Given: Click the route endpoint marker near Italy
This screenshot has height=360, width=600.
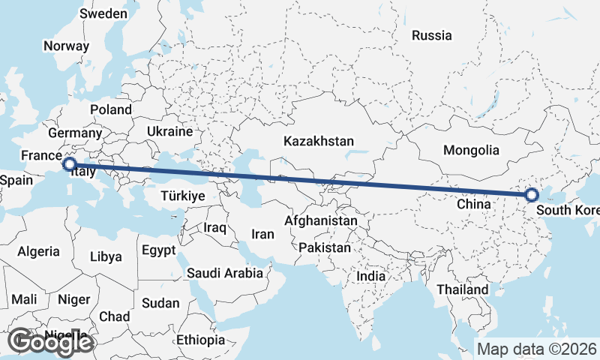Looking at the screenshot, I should coord(69,163).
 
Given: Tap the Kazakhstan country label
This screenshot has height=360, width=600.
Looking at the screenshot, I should coord(319,141).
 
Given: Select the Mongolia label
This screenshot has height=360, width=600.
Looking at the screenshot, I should coord(471,150).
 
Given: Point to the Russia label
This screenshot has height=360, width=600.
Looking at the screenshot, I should coord(432,35).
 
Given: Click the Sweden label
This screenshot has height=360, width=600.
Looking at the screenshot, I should coord(103,13).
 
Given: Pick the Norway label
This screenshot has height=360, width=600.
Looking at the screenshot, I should coord(66,46).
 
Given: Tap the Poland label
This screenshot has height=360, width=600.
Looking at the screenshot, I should coord(111,109).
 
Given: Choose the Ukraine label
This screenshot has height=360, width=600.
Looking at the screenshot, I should coord(169,131).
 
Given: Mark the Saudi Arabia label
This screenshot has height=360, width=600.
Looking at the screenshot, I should coord(225,273).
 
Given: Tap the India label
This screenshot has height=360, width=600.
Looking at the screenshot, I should coord(371,276).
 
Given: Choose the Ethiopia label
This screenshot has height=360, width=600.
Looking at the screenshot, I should coord(200,340).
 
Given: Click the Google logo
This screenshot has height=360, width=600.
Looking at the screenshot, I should coord(50,342).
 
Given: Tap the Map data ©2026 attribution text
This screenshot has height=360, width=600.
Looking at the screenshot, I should coord(536,349).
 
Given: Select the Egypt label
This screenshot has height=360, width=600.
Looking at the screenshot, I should coord(158,250).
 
